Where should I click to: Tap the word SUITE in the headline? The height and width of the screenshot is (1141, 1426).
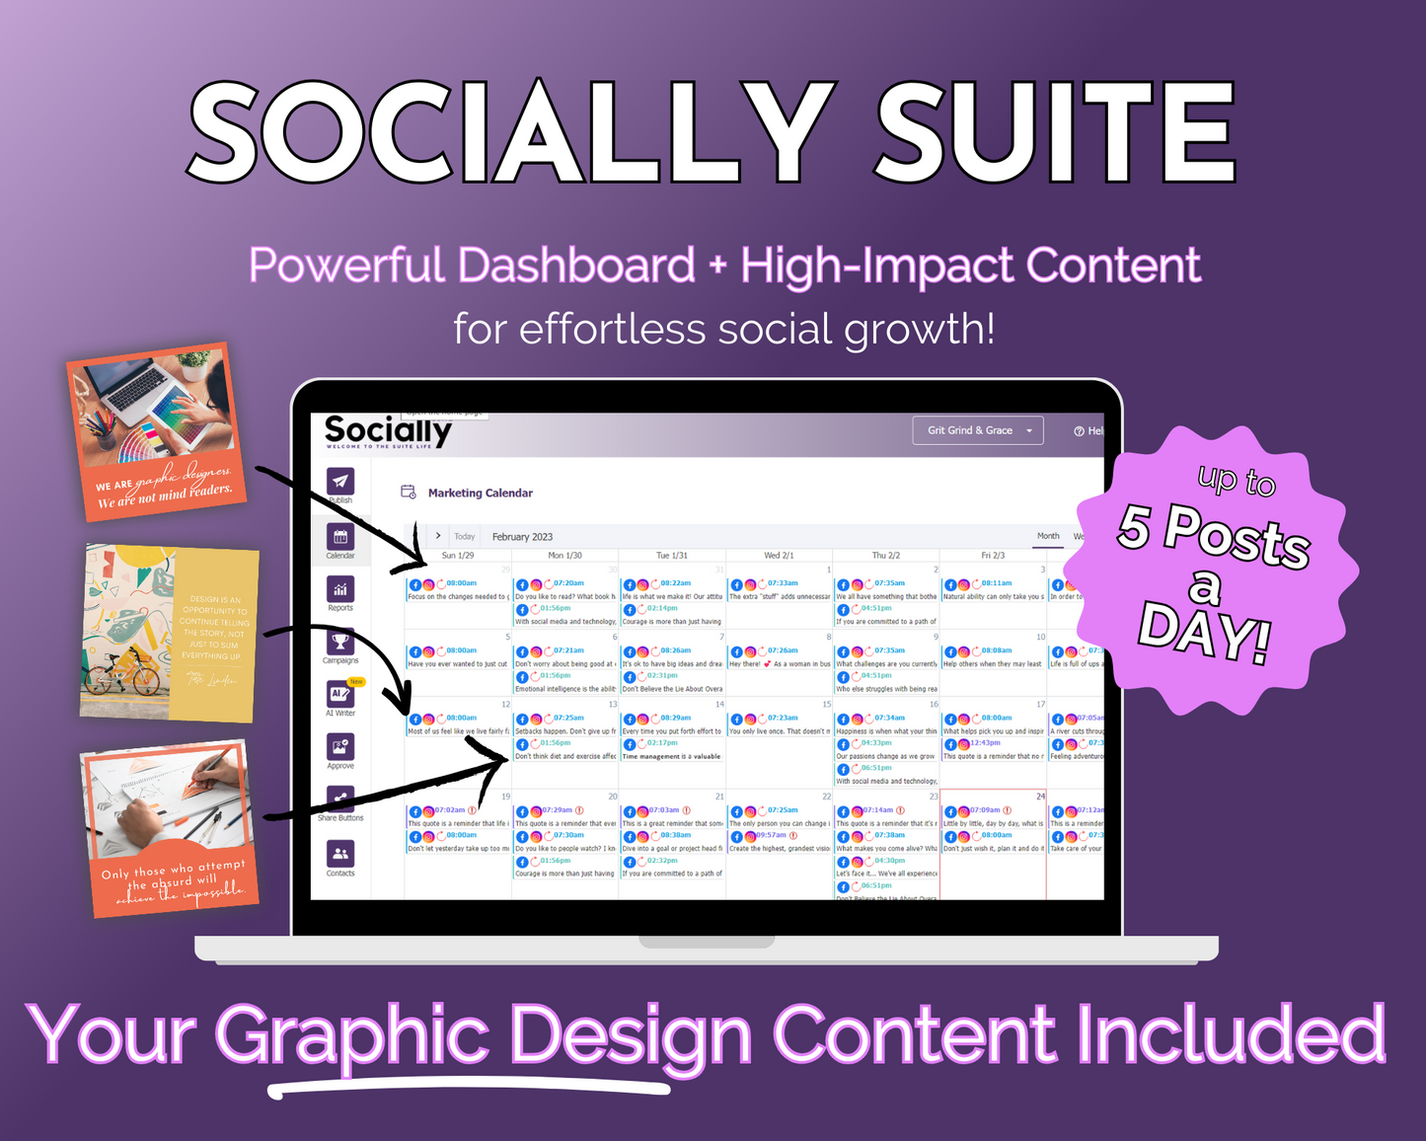click(1055, 132)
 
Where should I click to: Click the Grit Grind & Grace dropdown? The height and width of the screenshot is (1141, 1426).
click(977, 430)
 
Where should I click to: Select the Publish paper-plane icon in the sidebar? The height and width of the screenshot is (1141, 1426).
click(340, 481)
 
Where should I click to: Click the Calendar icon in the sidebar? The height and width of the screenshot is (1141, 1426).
click(340, 537)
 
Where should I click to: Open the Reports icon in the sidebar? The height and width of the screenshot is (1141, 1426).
click(340, 589)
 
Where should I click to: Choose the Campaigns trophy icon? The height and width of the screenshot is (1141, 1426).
click(340, 642)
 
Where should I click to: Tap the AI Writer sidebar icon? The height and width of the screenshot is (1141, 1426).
click(340, 694)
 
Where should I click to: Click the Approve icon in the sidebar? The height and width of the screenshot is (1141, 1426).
click(340, 747)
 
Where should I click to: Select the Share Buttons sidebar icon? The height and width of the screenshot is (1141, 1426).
click(340, 799)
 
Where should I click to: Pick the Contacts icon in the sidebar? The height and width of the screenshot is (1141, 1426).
click(340, 854)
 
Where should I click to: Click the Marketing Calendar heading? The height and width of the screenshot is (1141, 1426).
click(480, 493)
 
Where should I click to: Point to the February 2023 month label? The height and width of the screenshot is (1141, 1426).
click(522, 537)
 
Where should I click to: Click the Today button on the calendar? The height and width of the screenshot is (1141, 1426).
click(465, 537)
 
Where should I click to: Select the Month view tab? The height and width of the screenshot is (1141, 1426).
click(1048, 536)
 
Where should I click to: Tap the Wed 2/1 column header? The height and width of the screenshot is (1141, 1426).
click(779, 556)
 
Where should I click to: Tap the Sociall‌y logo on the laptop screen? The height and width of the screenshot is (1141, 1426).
click(388, 430)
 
